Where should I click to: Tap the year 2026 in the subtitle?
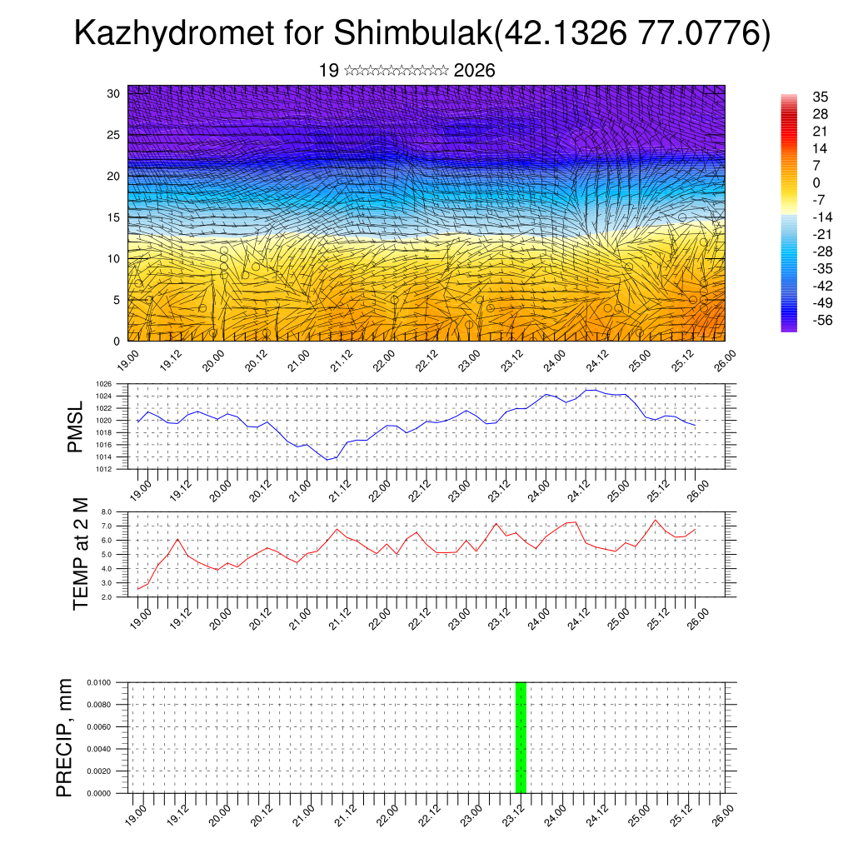point(475,71)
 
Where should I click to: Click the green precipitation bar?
point(521,737)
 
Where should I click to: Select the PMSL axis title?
point(75,426)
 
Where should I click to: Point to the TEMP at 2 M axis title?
point(80,554)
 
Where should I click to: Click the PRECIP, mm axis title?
point(65,737)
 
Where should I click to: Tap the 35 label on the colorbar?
point(820,97)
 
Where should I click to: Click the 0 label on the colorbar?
point(816,183)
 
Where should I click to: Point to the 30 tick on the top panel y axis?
point(113,93)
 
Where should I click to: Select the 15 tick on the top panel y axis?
point(113,217)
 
